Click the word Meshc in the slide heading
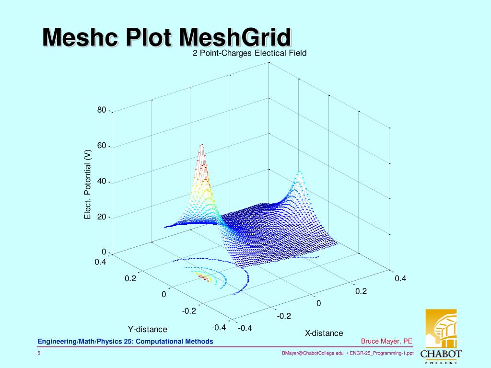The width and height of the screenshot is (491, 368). pyautogui.click(x=81, y=37)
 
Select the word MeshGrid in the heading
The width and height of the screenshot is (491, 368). pyautogui.click(x=235, y=37)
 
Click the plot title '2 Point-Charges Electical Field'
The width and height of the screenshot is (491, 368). pyautogui.click(x=249, y=53)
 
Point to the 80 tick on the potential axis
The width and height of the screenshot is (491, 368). pyautogui.click(x=102, y=110)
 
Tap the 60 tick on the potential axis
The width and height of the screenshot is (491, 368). pyautogui.click(x=102, y=146)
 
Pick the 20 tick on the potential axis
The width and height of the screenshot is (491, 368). pyautogui.click(x=102, y=217)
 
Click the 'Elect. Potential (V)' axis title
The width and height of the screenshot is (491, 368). pyautogui.click(x=87, y=184)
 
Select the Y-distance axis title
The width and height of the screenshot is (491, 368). pyautogui.click(x=147, y=329)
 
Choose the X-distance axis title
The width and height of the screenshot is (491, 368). pyautogui.click(x=324, y=333)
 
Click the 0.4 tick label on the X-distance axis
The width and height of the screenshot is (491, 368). pyautogui.click(x=400, y=278)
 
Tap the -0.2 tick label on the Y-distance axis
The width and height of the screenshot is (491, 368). pyautogui.click(x=189, y=310)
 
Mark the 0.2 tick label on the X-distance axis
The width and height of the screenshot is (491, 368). pyautogui.click(x=361, y=291)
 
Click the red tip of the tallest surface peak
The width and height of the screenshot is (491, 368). pyautogui.click(x=202, y=145)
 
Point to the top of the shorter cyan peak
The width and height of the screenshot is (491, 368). pyautogui.click(x=300, y=172)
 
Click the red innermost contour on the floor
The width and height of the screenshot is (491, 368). pyautogui.click(x=203, y=277)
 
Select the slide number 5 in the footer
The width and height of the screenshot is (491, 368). pyautogui.click(x=39, y=353)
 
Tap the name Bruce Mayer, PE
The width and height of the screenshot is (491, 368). pyautogui.click(x=386, y=341)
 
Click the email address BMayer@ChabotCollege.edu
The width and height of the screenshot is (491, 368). pyautogui.click(x=313, y=353)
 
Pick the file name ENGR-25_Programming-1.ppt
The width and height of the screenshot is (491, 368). pyautogui.click(x=382, y=353)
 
